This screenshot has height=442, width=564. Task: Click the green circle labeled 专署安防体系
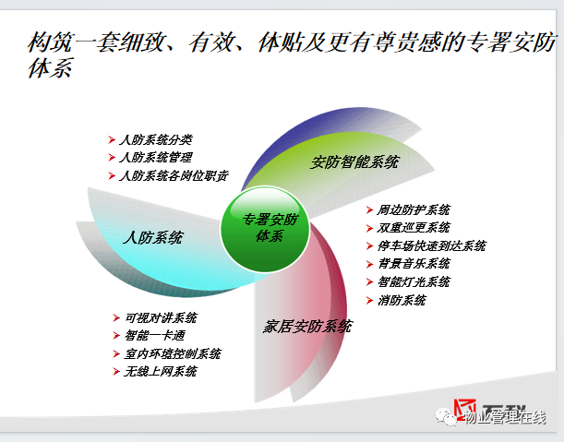[x=265, y=229]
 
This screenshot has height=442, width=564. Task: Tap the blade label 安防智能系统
[x=354, y=161]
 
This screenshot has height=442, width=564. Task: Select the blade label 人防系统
[x=153, y=238]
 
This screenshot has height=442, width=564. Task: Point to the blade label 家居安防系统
[x=307, y=327]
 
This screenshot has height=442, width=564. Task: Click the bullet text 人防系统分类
[x=156, y=139]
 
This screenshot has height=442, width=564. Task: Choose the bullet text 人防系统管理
[x=156, y=158]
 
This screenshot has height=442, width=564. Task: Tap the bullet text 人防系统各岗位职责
[x=174, y=176]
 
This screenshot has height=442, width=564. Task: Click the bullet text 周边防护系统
[x=414, y=209]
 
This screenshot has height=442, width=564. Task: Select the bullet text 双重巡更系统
[x=414, y=228]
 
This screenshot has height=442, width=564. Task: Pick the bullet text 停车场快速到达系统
[x=431, y=246]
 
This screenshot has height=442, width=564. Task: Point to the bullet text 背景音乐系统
[x=414, y=264]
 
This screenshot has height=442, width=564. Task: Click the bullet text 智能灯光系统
[x=414, y=282]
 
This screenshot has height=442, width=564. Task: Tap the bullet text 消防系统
[x=402, y=300]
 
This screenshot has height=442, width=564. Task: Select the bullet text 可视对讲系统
[x=161, y=318]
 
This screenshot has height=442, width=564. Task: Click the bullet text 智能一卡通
[x=155, y=336]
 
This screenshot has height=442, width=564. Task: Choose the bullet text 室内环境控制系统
[x=173, y=354]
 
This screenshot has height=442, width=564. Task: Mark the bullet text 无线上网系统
[x=161, y=372]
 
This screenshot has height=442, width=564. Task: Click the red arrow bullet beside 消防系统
[x=369, y=300]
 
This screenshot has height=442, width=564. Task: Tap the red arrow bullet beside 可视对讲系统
[x=116, y=318]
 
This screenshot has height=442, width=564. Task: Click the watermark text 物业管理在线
[x=505, y=417]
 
